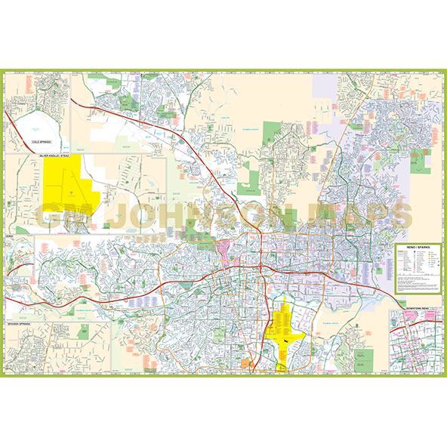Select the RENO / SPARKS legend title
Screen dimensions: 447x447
click(x=417, y=247)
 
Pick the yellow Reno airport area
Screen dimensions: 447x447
click(x=287, y=328)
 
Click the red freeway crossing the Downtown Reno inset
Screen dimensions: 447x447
click(x=415, y=321)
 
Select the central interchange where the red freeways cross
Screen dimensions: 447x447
click(x=260, y=268)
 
